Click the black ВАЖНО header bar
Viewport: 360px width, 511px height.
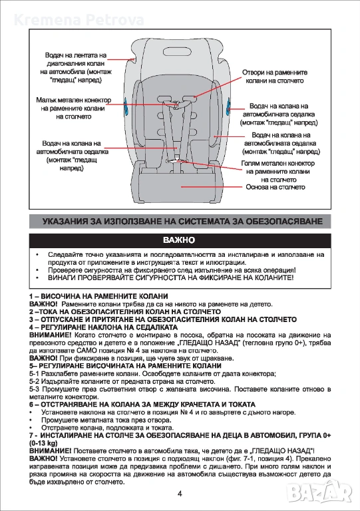tap(180, 240)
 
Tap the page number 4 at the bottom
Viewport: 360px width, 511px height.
tap(180, 494)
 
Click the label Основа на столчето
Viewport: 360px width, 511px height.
tap(275, 187)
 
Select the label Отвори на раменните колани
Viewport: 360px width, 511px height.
tap(275, 77)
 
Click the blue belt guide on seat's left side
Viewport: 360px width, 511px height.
tap(126, 106)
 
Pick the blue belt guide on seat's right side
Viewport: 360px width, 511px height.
tap(228, 106)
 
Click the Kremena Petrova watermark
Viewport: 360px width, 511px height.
tap(79, 20)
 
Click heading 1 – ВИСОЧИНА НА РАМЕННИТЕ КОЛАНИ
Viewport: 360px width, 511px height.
tap(98, 296)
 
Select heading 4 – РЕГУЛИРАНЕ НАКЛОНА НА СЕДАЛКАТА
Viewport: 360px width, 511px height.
tap(104, 327)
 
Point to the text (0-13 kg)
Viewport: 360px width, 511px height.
tap(43, 443)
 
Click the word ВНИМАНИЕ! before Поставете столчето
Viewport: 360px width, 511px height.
tap(50, 451)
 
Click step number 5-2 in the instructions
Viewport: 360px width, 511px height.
tap(35, 382)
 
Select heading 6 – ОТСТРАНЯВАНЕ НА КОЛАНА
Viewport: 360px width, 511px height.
tap(142, 405)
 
